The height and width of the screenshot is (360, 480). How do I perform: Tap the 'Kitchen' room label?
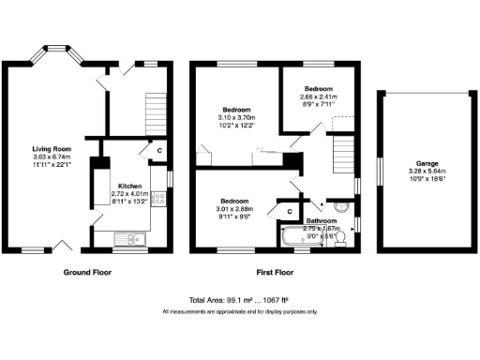click(x=128, y=186)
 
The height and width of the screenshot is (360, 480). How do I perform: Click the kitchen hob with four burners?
click(x=157, y=198)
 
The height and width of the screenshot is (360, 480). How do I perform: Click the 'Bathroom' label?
click(x=323, y=220)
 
